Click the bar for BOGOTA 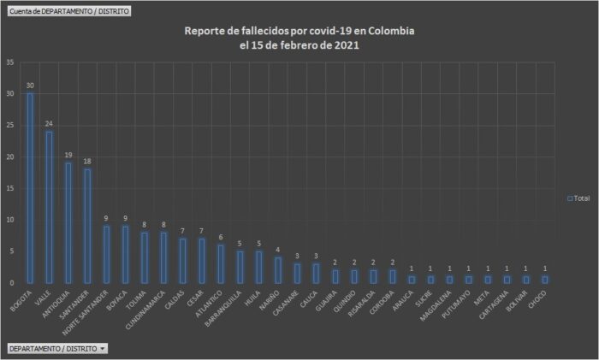pyautogui.click(x=30, y=188)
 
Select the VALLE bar pyautogui.click(x=49, y=207)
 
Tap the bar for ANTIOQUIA pyautogui.click(x=68, y=222)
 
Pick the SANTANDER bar pyautogui.click(x=87, y=226)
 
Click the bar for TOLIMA pyautogui.click(x=144, y=257)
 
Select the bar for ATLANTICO pyautogui.click(x=220, y=263)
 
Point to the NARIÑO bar pyautogui.click(x=277, y=270)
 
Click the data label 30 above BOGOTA pyautogui.click(x=30, y=86)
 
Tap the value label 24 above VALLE pyautogui.click(x=49, y=123)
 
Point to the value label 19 pyautogui.click(x=68, y=155)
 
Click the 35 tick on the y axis pyautogui.click(x=9, y=62)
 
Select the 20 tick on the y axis pyautogui.click(x=9, y=157)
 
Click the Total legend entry pyautogui.click(x=578, y=198)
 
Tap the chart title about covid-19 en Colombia pyautogui.click(x=299, y=38)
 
